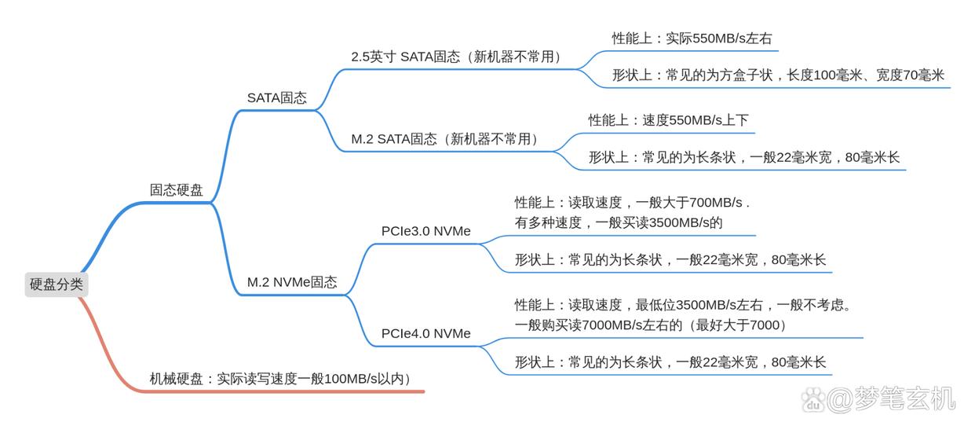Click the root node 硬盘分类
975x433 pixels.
56,284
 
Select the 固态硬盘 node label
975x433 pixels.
176,190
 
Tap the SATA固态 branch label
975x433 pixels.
276,98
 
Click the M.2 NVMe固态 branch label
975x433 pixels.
292,282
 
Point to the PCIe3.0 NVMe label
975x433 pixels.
426,231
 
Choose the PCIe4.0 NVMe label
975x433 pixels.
426,333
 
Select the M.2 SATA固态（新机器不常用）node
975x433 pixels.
445,139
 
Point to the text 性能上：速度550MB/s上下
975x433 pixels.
668,120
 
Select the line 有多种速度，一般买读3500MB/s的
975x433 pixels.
618,222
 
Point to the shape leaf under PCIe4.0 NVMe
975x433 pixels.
670,362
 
